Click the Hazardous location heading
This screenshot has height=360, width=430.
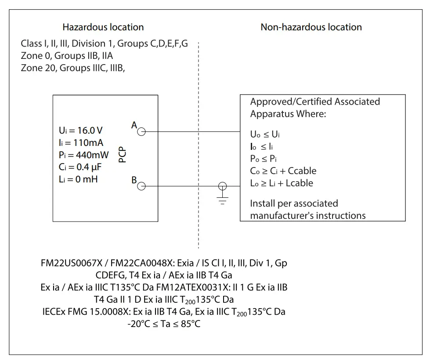pyautogui.click(x=103, y=27)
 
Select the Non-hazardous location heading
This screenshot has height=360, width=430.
pyautogui.click(x=311, y=27)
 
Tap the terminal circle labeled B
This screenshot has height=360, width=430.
pyautogui.click(x=141, y=186)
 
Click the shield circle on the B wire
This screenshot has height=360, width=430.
pyautogui.click(x=224, y=186)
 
